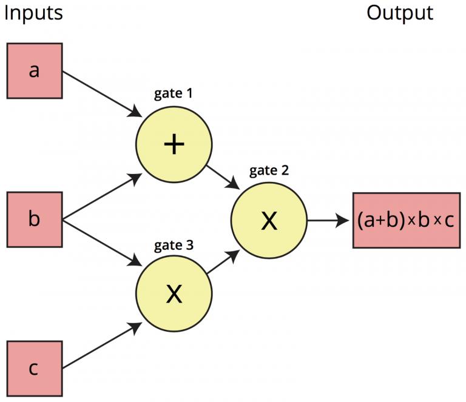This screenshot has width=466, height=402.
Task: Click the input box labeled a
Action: click(34, 70)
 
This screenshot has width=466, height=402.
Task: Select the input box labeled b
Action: click(34, 219)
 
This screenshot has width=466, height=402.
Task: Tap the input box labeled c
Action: click(34, 369)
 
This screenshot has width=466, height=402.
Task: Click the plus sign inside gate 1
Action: click(174, 144)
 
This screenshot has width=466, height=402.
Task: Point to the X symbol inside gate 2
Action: click(269, 221)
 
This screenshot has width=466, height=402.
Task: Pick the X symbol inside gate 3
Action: click(174, 293)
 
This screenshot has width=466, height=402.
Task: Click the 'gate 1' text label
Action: click(174, 95)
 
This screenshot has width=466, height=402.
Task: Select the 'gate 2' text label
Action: click(269, 170)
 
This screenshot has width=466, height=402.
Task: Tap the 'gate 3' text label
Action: click(174, 245)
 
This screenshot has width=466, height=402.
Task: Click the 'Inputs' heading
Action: click(33, 13)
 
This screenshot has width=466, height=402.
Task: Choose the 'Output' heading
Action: click(400, 13)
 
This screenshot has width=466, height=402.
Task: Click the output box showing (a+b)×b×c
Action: click(406, 220)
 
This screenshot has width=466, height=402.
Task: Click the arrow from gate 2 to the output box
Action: click(328, 220)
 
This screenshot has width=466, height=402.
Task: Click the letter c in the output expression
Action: click(449, 221)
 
